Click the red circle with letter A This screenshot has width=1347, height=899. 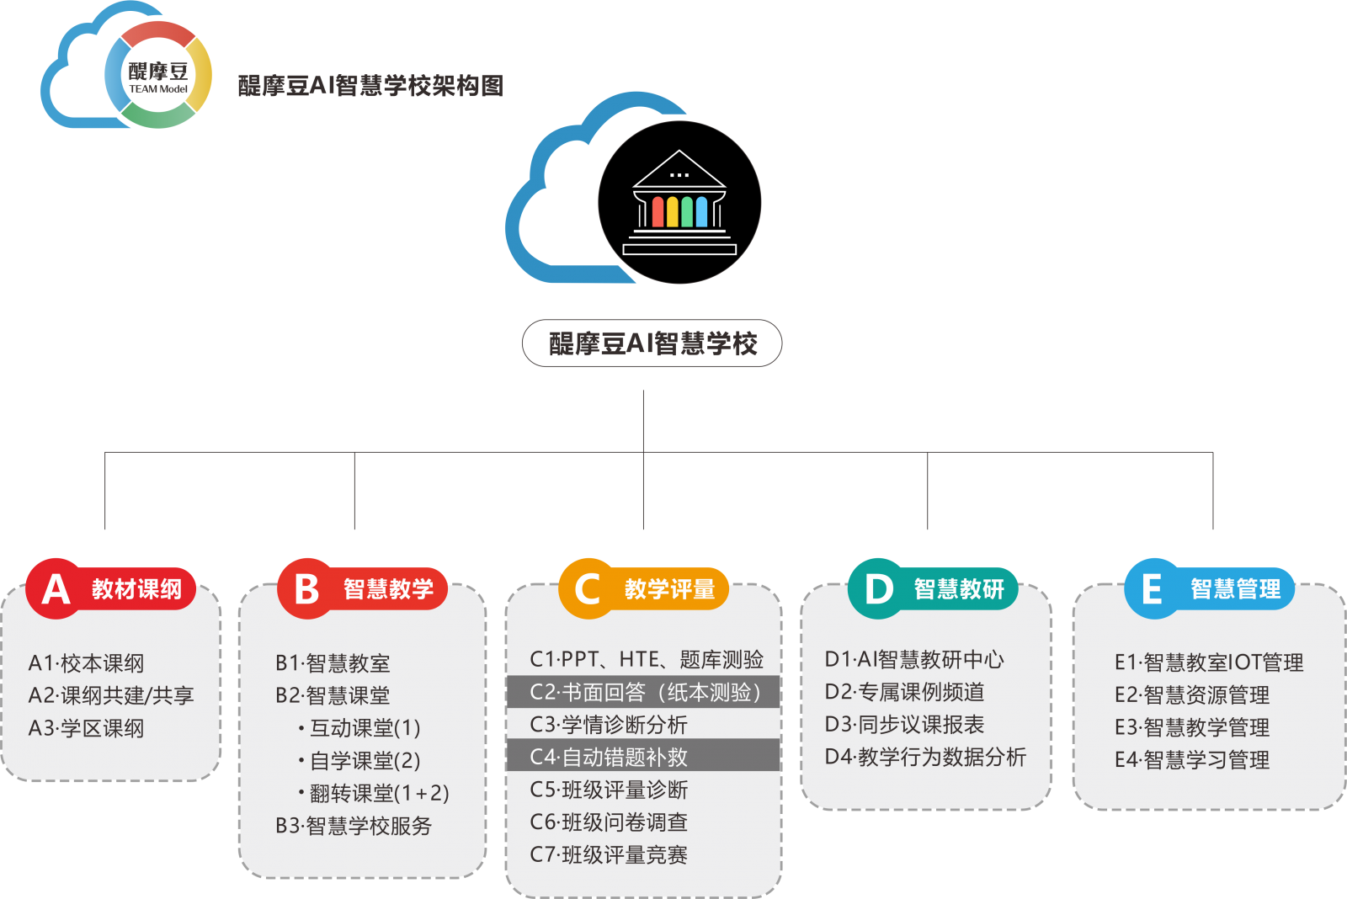pyautogui.click(x=56, y=588)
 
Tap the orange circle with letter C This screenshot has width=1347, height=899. pyautogui.click(x=588, y=588)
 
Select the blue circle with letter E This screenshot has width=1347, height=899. pyautogui.click(x=1153, y=588)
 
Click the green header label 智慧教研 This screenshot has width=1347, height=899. pyautogui.click(x=959, y=589)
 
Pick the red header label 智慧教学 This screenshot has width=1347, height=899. pyautogui.click(x=388, y=589)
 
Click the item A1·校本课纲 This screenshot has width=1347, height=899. pyautogui.click(x=87, y=663)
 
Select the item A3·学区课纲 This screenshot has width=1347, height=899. pyautogui.click(x=87, y=728)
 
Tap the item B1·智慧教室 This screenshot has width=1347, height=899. pyautogui.click(x=333, y=663)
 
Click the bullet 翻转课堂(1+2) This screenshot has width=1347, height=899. pyautogui.click(x=379, y=793)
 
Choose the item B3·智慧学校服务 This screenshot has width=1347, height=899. pyautogui.click(x=354, y=826)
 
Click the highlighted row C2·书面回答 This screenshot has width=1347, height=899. pyautogui.click(x=644, y=692)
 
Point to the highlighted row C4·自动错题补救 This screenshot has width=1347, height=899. pyautogui.click(x=644, y=757)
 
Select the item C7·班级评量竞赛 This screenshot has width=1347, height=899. pyautogui.click(x=609, y=855)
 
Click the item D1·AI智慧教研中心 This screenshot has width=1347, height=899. pyautogui.click(x=914, y=660)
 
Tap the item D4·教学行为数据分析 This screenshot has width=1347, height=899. pyautogui.click(x=925, y=757)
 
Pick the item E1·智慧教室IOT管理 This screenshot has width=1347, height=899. pyautogui.click(x=1209, y=662)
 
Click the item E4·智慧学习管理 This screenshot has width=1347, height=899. pyautogui.click(x=1192, y=760)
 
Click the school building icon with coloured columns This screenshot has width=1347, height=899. pyautogui.click(x=679, y=203)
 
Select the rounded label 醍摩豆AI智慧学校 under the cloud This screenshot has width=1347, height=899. pyautogui.click(x=652, y=343)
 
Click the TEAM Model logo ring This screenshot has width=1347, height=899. pyautogui.click(x=158, y=76)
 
